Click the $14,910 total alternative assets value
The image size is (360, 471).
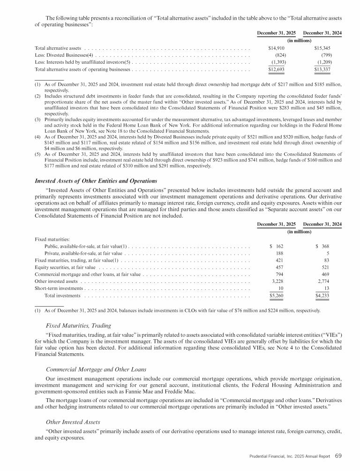[x=275, y=48]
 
